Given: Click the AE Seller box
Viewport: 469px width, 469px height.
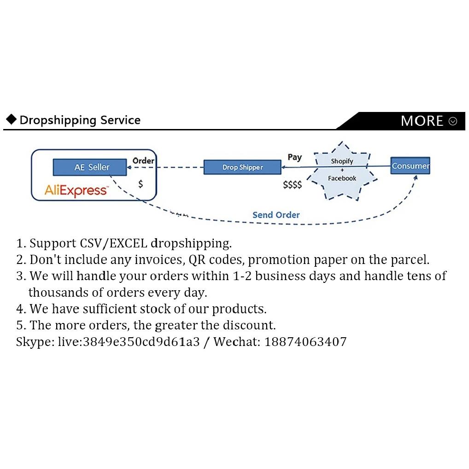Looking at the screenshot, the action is click(x=90, y=167).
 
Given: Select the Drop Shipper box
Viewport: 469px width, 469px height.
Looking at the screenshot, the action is click(x=242, y=167).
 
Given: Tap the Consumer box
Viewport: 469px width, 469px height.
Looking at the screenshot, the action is click(x=410, y=165).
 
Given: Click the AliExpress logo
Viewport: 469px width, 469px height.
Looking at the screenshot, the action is click(x=76, y=191).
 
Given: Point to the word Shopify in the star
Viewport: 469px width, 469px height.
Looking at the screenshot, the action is click(x=342, y=161).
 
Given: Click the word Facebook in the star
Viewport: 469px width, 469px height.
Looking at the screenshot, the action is click(x=342, y=178).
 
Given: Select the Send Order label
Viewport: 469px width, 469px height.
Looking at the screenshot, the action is click(x=276, y=215).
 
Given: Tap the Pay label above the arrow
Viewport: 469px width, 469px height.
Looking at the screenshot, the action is click(x=294, y=157).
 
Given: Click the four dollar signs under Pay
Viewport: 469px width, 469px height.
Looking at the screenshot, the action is click(x=292, y=185).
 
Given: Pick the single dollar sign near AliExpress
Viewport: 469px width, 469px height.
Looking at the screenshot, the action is click(x=141, y=184).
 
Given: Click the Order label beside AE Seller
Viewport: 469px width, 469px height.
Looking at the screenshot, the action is click(x=143, y=161).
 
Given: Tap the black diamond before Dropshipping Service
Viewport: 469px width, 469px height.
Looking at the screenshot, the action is click(x=12, y=119).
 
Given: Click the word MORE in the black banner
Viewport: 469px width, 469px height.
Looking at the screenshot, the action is click(x=422, y=121).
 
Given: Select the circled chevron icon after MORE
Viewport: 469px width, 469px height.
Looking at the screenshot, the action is click(x=453, y=121).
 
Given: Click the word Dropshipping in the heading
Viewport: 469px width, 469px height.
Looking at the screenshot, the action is click(x=58, y=120).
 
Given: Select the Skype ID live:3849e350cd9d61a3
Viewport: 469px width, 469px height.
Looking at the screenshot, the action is click(x=129, y=341).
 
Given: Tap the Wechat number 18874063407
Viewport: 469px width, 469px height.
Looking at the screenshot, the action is click(x=305, y=341).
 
